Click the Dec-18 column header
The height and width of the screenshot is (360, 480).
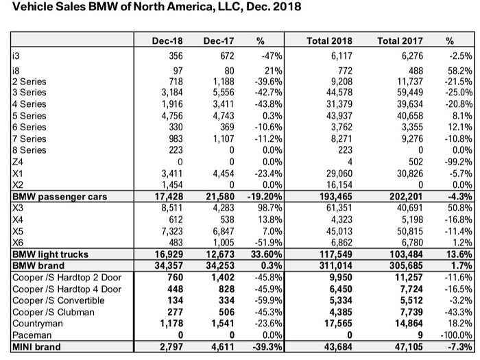[x=167, y=41]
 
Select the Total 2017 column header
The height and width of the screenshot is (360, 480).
[x=400, y=41]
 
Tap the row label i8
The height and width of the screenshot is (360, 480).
[x=16, y=71]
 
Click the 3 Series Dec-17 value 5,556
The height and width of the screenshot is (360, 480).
[x=224, y=93]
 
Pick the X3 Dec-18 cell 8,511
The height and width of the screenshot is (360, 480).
[x=172, y=208]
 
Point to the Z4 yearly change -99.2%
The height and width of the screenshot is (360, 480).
[x=458, y=162]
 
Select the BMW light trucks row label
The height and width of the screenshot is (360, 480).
[x=50, y=254]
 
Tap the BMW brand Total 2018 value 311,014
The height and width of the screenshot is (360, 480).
[x=336, y=265]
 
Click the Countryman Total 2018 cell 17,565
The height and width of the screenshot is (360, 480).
[x=339, y=323]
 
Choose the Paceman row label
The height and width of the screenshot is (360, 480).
[x=32, y=335]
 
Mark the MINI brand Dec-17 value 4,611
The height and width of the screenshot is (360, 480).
[x=223, y=347]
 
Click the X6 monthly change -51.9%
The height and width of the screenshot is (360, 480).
[x=269, y=243]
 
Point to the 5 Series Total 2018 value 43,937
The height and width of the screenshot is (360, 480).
[x=339, y=116]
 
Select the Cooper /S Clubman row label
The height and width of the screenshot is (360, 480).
[x=53, y=312]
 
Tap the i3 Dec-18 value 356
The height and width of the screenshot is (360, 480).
[x=176, y=56]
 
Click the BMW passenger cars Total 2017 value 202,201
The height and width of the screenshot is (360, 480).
[x=406, y=197]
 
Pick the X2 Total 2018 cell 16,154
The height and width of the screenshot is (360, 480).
[x=339, y=185]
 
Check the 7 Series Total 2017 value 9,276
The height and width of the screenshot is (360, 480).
[x=412, y=139]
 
